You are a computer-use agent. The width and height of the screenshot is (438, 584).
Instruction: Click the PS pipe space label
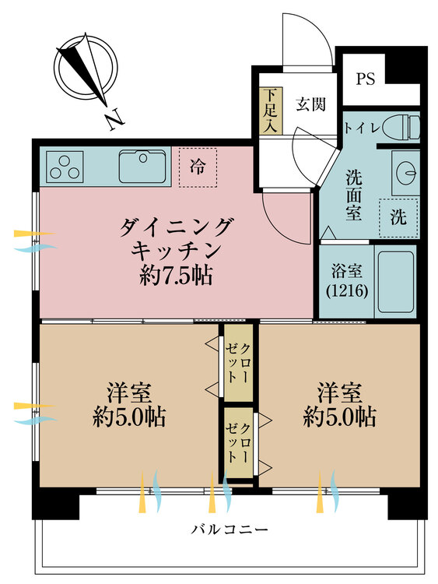[365, 79]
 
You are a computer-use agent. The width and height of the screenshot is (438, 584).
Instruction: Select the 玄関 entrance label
[311, 104]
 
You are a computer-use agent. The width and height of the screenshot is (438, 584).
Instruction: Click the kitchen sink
[142, 166]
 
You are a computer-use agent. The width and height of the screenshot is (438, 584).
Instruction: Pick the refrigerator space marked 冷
[198, 167]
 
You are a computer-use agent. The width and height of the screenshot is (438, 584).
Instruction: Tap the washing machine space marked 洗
[398, 217]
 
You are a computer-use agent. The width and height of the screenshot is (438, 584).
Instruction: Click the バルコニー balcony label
[230, 529]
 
